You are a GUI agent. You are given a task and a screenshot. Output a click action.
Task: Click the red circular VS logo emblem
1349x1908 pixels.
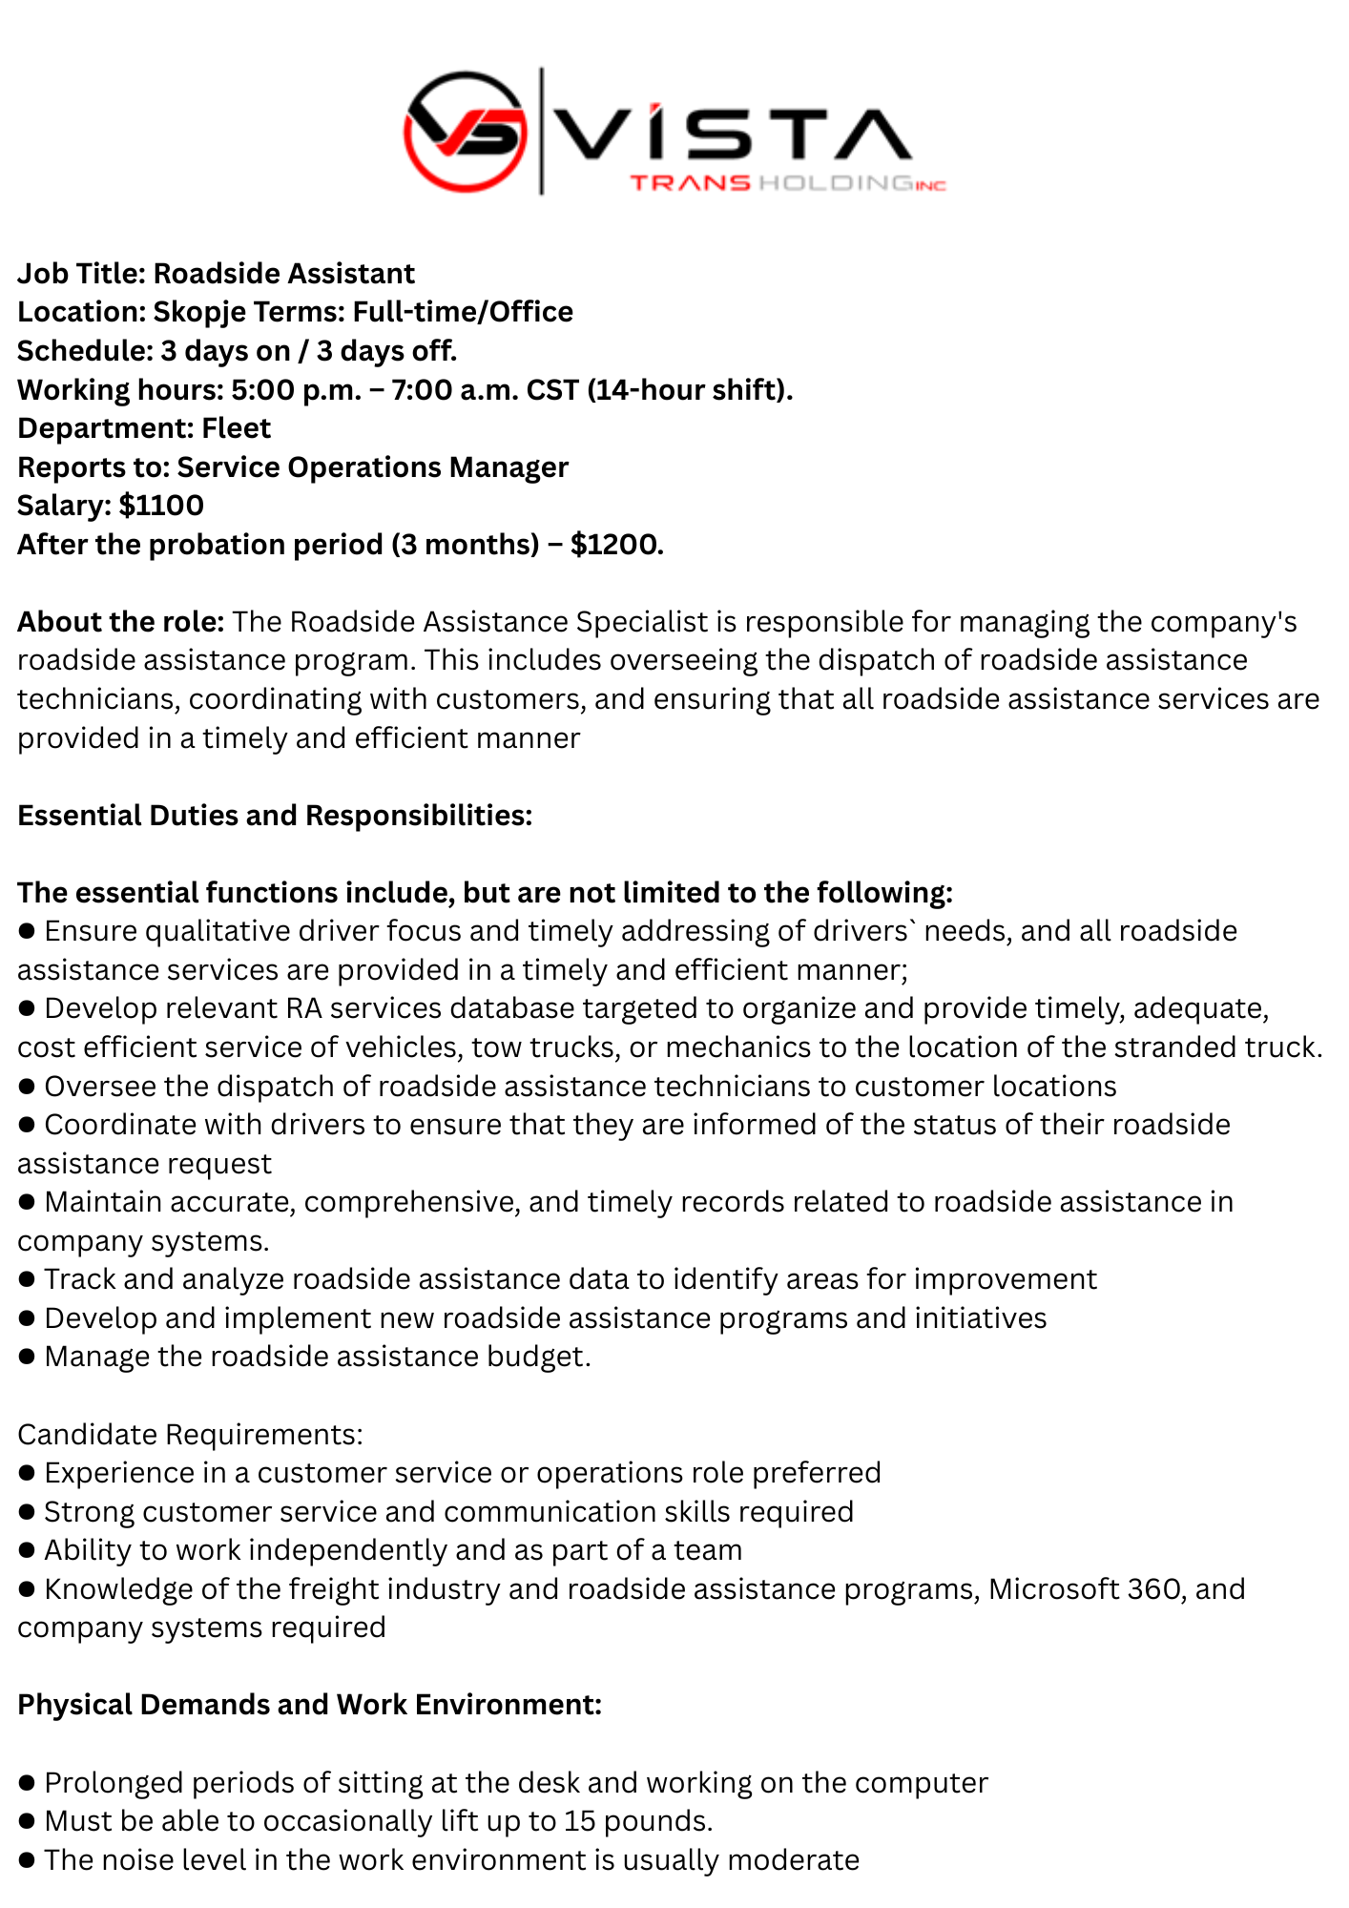click(465, 131)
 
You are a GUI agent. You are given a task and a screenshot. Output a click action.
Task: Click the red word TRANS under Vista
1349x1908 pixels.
click(690, 183)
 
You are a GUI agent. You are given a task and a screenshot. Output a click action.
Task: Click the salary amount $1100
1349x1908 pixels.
click(161, 506)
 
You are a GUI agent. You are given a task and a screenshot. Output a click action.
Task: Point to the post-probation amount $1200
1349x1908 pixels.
click(616, 545)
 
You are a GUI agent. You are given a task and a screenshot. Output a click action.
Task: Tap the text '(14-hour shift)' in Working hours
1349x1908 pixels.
click(689, 389)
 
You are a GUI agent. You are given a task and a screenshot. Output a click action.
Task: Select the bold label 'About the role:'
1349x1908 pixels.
click(120, 622)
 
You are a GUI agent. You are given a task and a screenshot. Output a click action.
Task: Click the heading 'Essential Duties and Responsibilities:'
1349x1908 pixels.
click(275, 816)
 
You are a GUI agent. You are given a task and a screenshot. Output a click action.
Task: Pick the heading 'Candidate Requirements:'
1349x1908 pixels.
click(190, 1434)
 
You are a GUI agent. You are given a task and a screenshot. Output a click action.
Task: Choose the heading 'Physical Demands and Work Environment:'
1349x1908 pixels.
click(309, 1705)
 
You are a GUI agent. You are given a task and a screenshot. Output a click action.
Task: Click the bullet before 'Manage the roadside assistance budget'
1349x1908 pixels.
click(27, 1357)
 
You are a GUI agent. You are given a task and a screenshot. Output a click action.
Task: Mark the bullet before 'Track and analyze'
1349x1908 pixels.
click(27, 1279)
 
